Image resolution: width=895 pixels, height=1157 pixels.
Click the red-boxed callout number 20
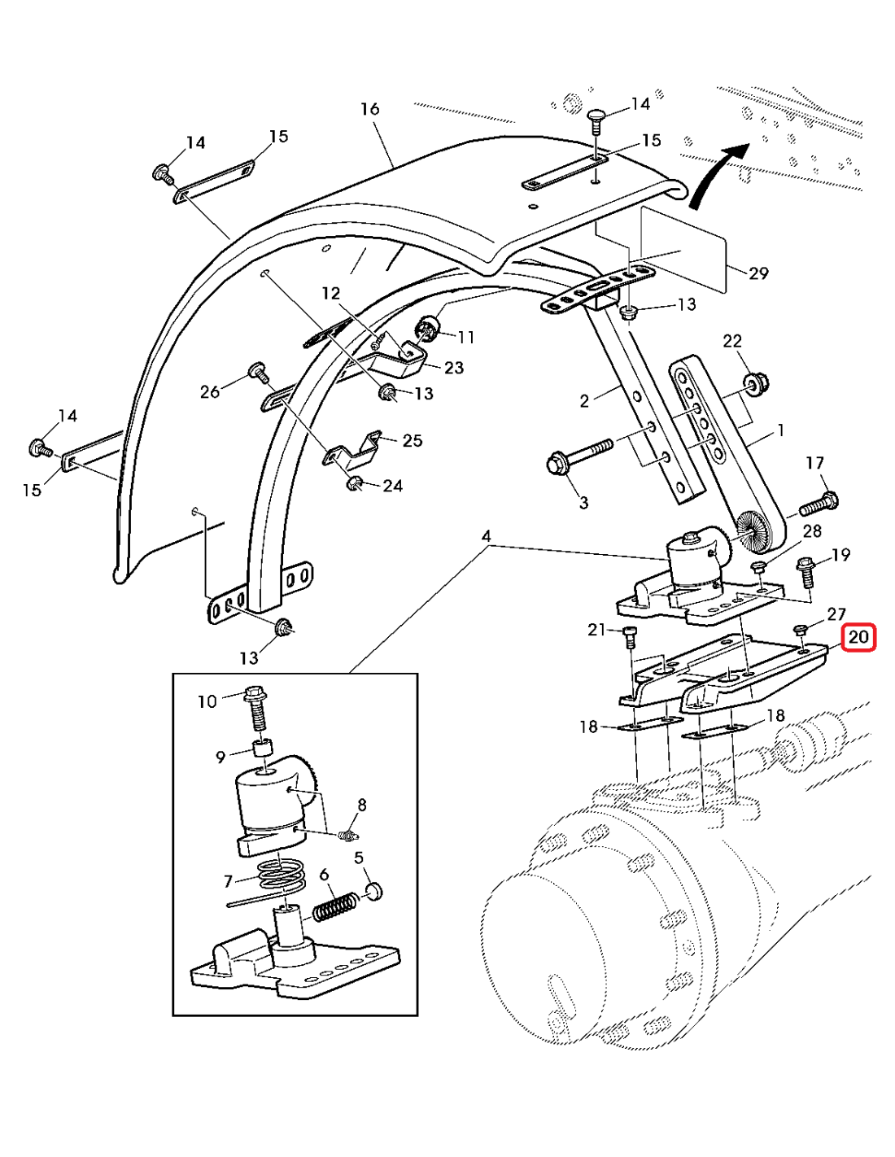[858, 637]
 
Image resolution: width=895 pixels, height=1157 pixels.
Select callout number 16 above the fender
[369, 109]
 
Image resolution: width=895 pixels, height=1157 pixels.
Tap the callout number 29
[758, 273]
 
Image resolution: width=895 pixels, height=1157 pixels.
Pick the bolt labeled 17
[819, 504]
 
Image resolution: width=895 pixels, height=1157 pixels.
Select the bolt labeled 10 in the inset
[255, 706]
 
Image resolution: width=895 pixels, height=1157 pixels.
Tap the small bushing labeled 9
[262, 747]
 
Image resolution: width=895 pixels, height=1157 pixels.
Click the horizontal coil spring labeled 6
[335, 906]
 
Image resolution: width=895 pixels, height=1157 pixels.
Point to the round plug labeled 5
[373, 889]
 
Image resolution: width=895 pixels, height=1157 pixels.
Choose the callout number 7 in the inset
[228, 880]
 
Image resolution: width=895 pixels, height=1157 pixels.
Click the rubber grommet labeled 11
[428, 329]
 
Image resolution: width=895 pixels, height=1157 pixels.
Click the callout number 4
[486, 536]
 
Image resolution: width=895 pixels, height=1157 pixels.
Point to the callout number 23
[453, 368]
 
